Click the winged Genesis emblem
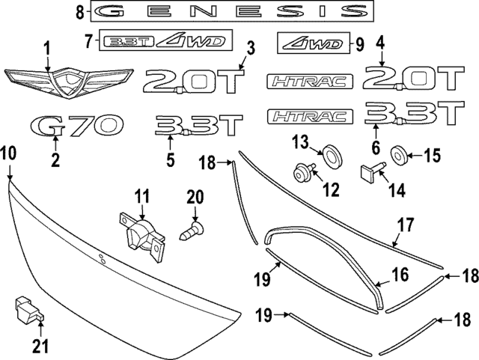point(69,81)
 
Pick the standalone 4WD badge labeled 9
point(315,43)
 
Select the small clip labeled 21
point(25,308)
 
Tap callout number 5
point(171,159)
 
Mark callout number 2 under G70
point(55,159)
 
